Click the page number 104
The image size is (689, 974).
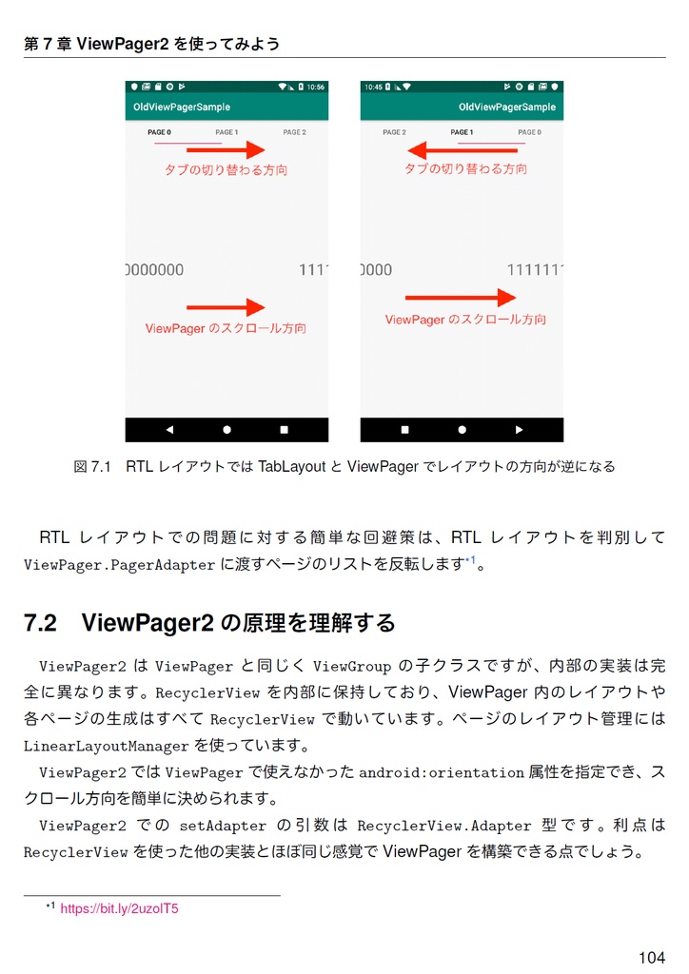pos(651,957)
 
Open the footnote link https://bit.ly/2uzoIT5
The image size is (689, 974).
pos(119,908)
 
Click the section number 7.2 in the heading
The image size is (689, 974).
pos(41,623)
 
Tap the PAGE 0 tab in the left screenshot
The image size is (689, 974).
pos(159,132)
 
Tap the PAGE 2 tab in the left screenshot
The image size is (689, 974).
pos(294,132)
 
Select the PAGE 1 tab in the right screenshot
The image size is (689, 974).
pos(462,132)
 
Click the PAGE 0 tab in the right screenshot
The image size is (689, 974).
pos(529,132)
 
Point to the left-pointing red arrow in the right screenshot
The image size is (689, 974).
pos(463,150)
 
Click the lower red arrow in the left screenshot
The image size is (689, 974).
pos(226,307)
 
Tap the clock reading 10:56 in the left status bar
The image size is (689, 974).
pos(315,87)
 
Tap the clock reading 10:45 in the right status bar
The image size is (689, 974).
pos(373,87)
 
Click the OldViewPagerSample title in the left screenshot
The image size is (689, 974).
pos(182,107)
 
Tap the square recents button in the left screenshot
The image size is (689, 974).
pos(284,430)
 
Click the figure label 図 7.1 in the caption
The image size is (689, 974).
pos(92,466)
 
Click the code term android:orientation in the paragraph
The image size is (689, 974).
pos(442,772)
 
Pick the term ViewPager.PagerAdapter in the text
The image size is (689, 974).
pos(119,565)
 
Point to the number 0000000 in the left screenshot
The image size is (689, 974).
pos(155,270)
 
